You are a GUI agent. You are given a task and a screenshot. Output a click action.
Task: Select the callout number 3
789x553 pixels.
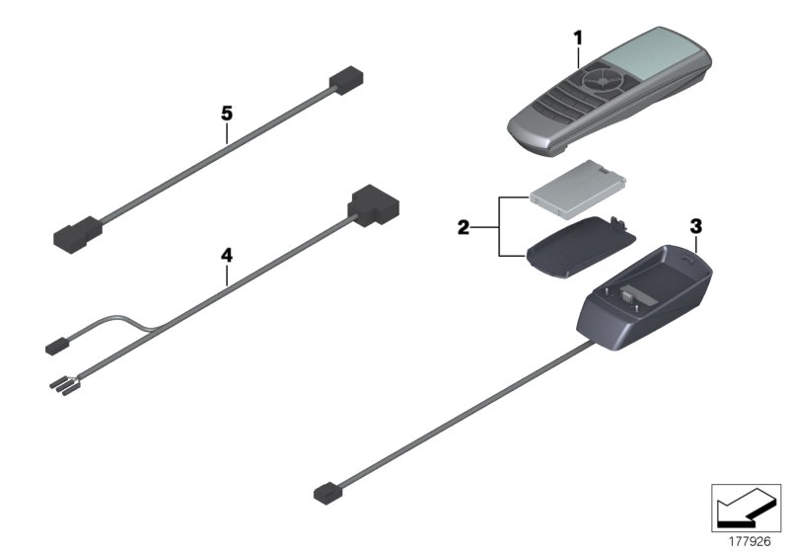[695, 226]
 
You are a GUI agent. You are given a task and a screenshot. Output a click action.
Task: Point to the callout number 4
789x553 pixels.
[226, 255]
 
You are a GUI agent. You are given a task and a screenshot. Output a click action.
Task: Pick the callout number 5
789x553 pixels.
[226, 114]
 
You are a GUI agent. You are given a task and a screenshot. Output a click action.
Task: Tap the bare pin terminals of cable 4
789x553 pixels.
[61, 386]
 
